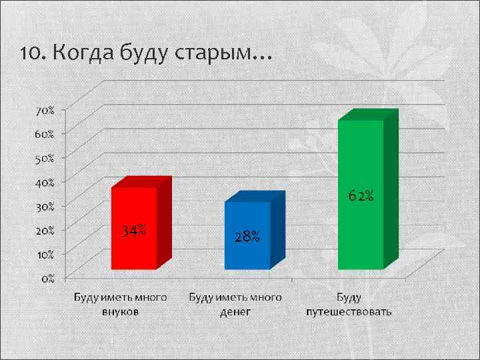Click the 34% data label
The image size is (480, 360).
tap(134, 231)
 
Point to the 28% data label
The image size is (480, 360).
tap(247, 237)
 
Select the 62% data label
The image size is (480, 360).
tap(361, 196)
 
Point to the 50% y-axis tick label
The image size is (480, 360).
tap(45, 157)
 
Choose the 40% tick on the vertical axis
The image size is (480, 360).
tap(45, 181)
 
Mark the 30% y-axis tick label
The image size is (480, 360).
tap(45, 205)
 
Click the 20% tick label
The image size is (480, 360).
tap(45, 229)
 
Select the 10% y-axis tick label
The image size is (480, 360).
tap(45, 254)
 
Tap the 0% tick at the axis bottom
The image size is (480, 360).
tap(49, 278)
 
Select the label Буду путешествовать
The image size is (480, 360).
tap(349, 304)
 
